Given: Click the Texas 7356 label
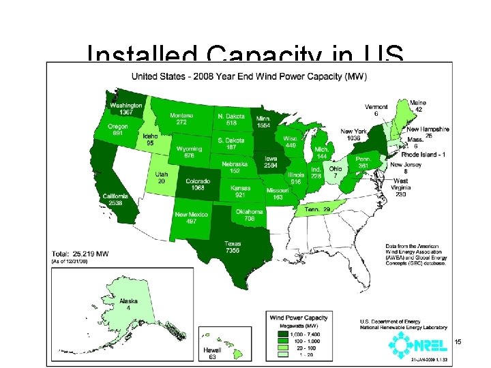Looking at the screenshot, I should tap(233, 247).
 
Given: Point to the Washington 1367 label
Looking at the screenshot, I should tap(127, 109).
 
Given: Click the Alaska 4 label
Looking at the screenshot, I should tap(128, 305).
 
